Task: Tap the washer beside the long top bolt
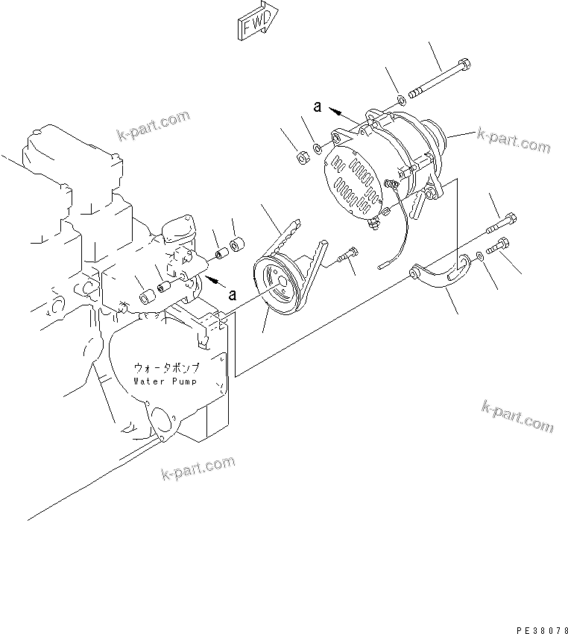401,99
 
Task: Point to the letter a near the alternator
317,107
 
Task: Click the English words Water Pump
165,381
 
